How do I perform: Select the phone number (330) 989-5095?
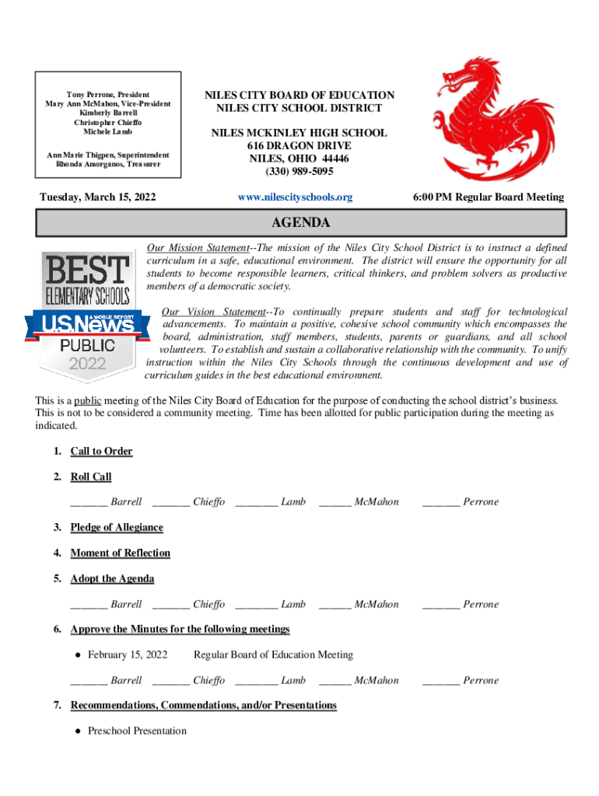click(x=299, y=171)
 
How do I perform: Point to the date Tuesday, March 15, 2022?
click(x=97, y=197)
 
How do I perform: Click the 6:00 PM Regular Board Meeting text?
click(x=489, y=197)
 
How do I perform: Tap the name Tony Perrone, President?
click(x=108, y=94)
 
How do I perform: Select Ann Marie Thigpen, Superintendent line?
click(x=108, y=155)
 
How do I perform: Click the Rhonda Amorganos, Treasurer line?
click(x=108, y=164)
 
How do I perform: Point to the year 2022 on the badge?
click(x=88, y=364)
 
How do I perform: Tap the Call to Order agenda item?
click(x=101, y=452)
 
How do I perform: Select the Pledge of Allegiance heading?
click(x=117, y=528)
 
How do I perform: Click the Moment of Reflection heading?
click(x=120, y=553)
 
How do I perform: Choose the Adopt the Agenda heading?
click(x=112, y=579)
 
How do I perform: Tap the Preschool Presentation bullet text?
click(x=137, y=731)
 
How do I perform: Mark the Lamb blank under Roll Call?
click(x=256, y=502)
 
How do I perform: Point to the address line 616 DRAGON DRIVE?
click(x=299, y=146)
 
